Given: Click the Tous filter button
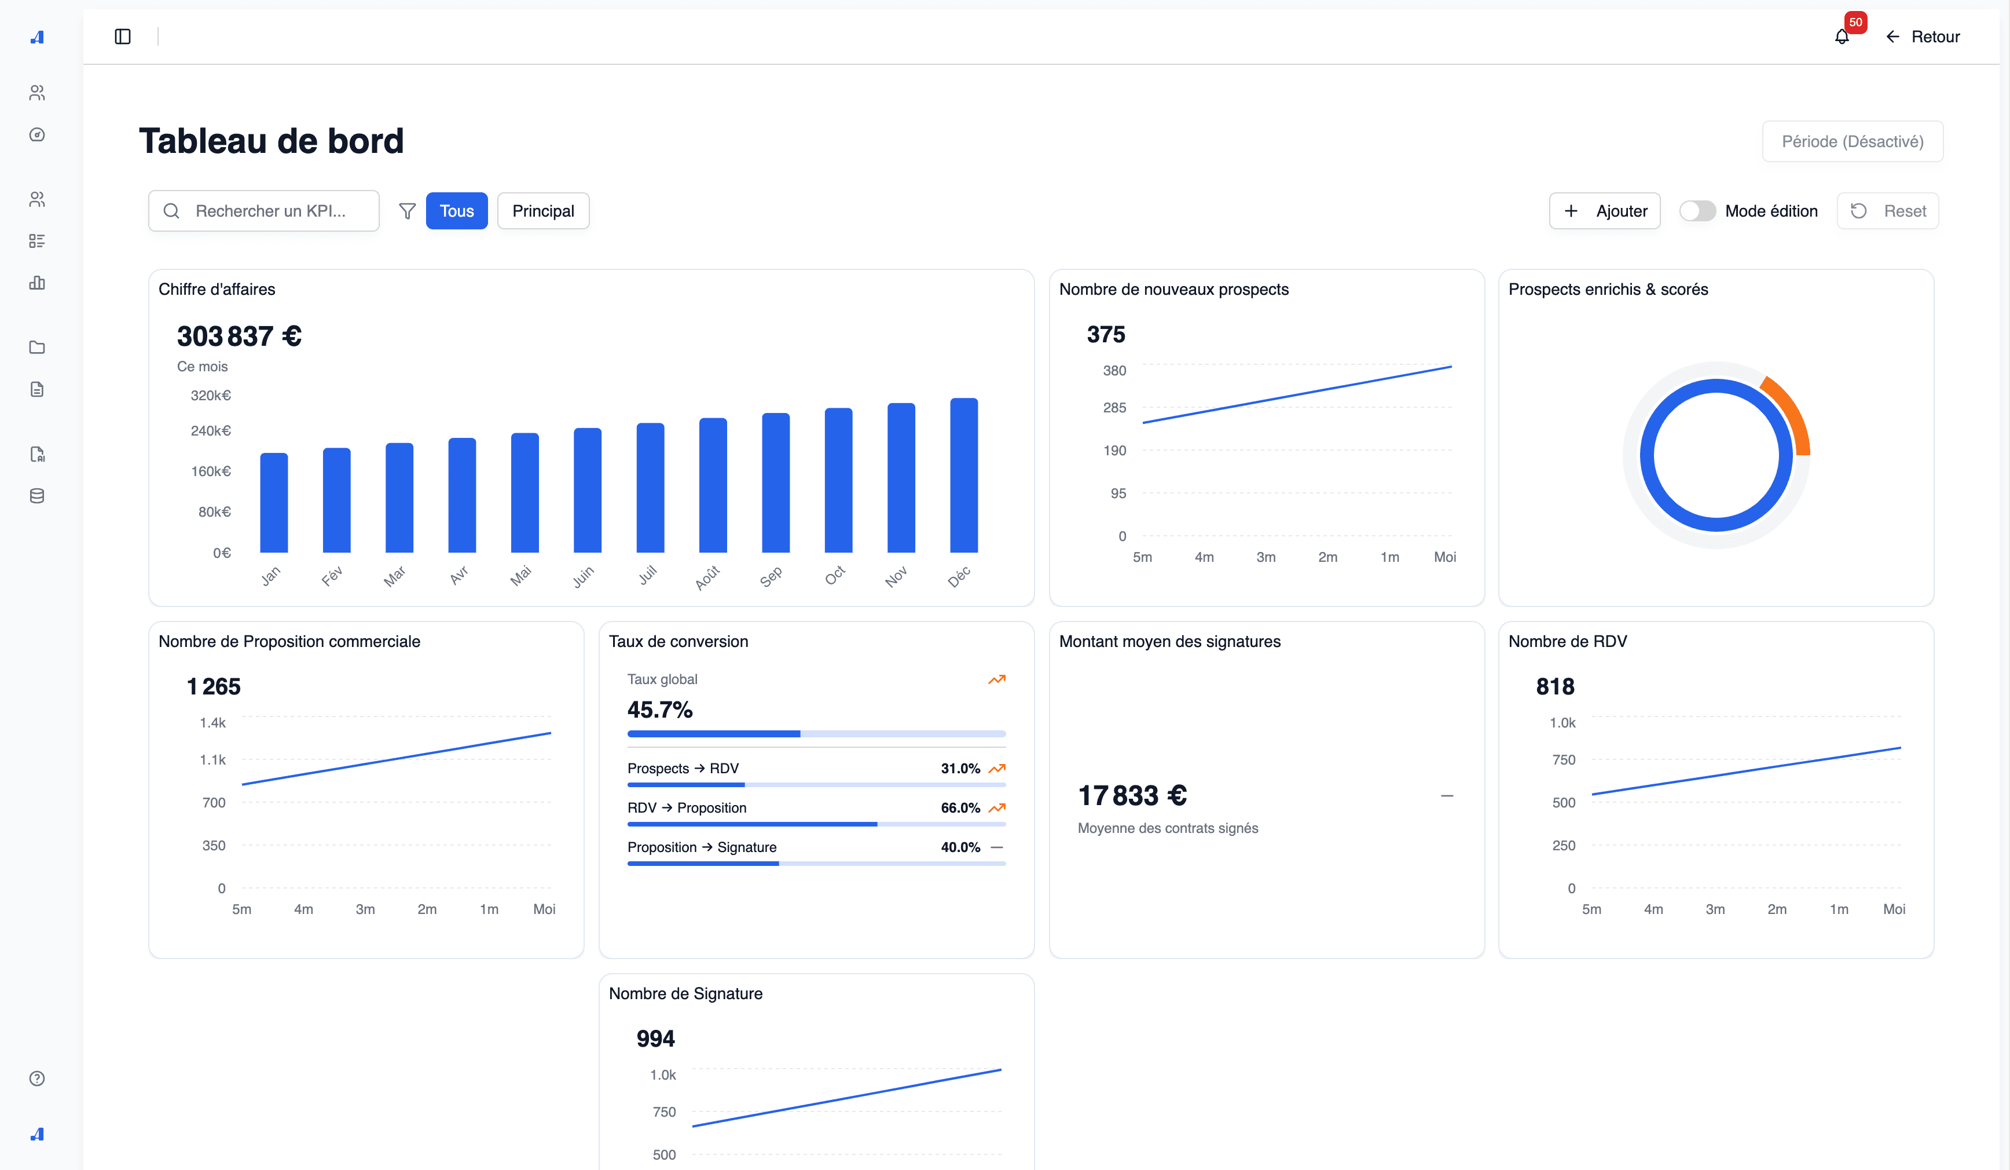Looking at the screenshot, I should pyautogui.click(x=456, y=211).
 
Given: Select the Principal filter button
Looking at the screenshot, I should pyautogui.click(x=542, y=211).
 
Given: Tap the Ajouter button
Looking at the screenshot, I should pyautogui.click(x=1604, y=211).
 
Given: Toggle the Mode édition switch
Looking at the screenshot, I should pyautogui.click(x=1697, y=211).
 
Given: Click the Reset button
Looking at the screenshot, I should pyautogui.click(x=1887, y=211).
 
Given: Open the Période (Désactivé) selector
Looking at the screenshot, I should pyautogui.click(x=1852, y=141).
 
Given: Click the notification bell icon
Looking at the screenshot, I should pyautogui.click(x=1841, y=36).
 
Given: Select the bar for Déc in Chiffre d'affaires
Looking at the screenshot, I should pyautogui.click(x=963, y=476).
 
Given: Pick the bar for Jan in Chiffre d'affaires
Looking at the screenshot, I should pyautogui.click(x=274, y=503).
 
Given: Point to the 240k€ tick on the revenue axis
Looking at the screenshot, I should pyautogui.click(x=211, y=431).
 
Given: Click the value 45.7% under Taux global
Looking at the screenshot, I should pyautogui.click(x=659, y=710).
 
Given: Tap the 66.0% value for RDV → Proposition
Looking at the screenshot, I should pyautogui.click(x=960, y=807).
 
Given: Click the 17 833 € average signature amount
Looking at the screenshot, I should pyautogui.click(x=1132, y=796).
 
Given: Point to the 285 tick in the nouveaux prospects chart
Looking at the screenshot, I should pyautogui.click(x=1114, y=408).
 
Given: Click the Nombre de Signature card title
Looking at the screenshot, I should pyautogui.click(x=685, y=993).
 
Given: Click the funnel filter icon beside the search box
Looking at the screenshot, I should pyautogui.click(x=407, y=211).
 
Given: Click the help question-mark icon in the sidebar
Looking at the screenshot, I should pyautogui.click(x=36, y=1078).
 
